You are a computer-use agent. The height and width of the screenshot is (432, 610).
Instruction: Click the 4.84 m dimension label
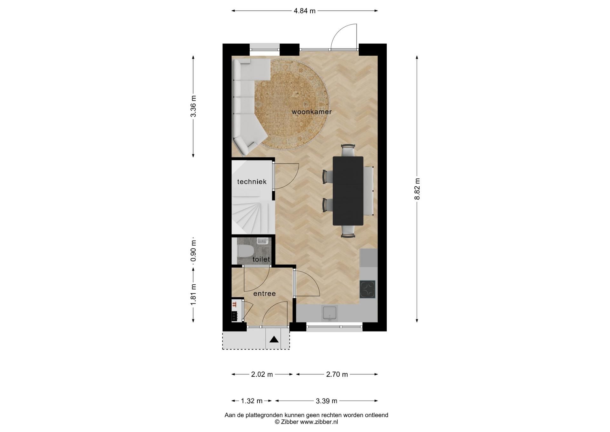click(304, 11)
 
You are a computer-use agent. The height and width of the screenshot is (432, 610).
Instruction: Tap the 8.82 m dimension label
click(417, 189)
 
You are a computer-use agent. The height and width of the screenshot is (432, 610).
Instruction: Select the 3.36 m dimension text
click(193, 106)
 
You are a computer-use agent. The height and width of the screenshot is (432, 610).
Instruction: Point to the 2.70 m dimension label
click(337, 374)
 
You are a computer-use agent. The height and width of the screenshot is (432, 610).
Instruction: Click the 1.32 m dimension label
click(252, 401)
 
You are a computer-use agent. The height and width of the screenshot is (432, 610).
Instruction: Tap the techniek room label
click(252, 182)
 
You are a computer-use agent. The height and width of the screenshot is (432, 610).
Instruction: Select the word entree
click(264, 294)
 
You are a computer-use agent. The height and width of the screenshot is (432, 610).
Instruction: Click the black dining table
click(348, 191)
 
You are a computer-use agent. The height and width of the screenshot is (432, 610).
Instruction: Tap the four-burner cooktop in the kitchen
click(368, 289)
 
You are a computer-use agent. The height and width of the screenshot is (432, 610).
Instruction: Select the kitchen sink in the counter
click(330, 313)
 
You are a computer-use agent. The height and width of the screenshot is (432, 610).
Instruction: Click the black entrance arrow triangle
click(274, 340)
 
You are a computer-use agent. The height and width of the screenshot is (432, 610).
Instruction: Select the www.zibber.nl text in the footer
click(319, 422)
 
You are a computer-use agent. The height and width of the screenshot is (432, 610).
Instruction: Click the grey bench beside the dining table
click(369, 191)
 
